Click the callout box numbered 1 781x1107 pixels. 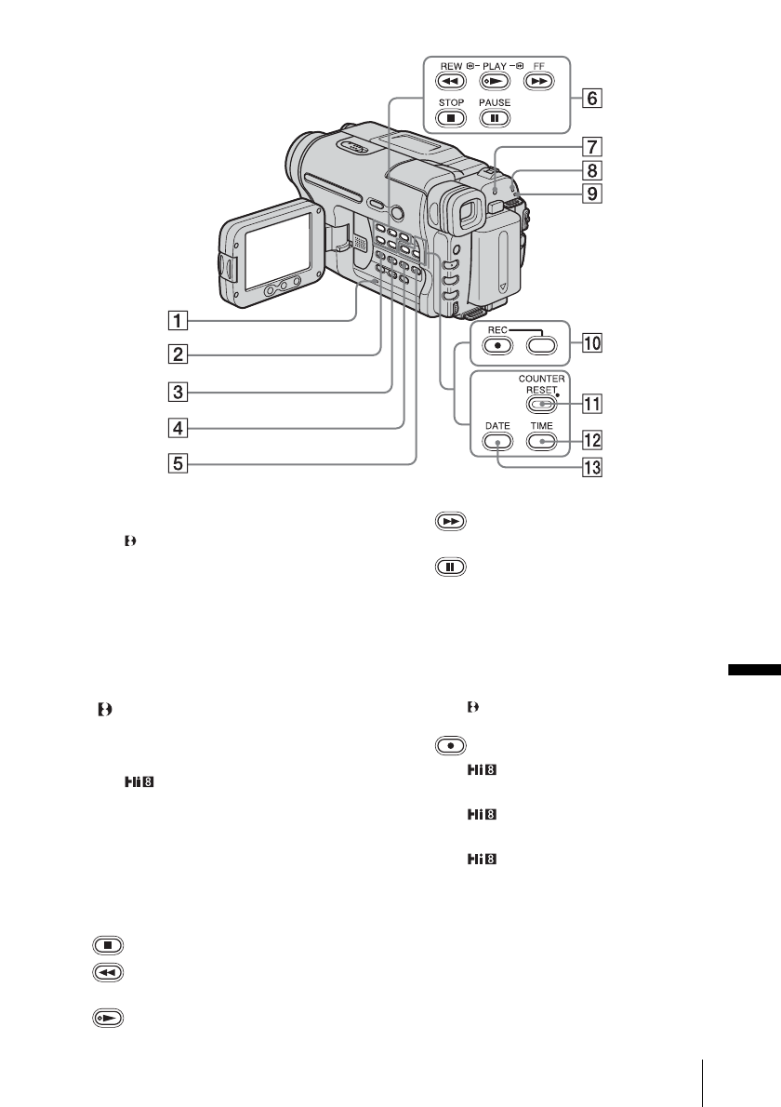(x=178, y=321)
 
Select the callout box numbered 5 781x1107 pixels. (x=178, y=463)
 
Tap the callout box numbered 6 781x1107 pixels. (x=592, y=98)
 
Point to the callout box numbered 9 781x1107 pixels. (x=592, y=193)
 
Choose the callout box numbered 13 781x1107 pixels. (x=592, y=467)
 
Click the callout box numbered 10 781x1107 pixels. (x=592, y=344)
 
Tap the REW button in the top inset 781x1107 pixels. (x=451, y=81)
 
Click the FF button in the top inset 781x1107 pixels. (x=538, y=81)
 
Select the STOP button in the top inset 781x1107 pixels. (x=451, y=118)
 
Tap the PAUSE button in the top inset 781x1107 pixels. (x=495, y=118)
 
